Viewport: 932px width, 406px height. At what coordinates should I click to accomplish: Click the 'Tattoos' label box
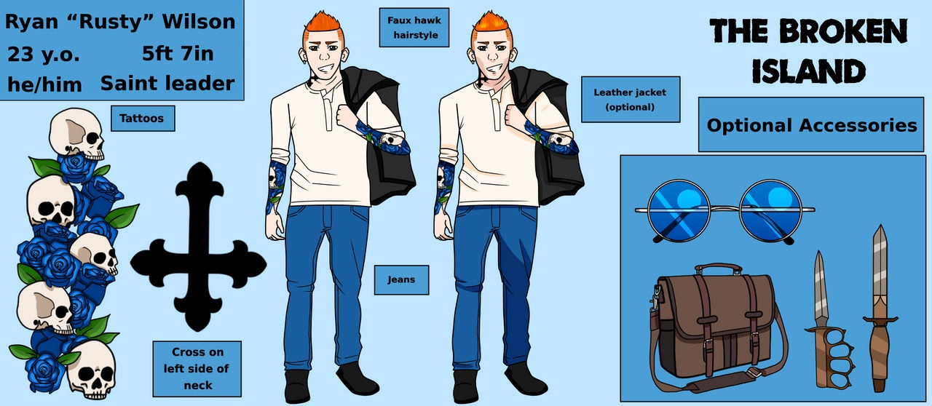pyautogui.click(x=143, y=118)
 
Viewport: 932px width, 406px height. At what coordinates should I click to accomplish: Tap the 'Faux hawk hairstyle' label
pyautogui.click(x=414, y=28)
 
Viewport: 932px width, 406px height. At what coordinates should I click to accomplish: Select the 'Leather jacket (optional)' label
pyautogui.click(x=631, y=100)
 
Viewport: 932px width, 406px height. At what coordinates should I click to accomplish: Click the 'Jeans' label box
pyautogui.click(x=401, y=280)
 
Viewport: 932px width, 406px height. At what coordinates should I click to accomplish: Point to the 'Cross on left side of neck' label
pyautogui.click(x=197, y=369)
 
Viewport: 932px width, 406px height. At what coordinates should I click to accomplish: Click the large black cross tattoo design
pyautogui.click(x=199, y=247)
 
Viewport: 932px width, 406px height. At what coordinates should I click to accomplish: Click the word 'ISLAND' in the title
pyautogui.click(x=808, y=71)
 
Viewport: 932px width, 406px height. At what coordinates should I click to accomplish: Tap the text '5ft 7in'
pyautogui.click(x=178, y=54)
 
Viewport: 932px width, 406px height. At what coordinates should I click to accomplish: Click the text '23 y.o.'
pyautogui.click(x=43, y=55)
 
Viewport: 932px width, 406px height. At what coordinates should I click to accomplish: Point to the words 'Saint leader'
pyautogui.click(x=167, y=84)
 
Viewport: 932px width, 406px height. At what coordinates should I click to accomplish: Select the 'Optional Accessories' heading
pyautogui.click(x=811, y=125)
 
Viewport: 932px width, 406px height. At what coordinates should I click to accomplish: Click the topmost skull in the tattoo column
pyautogui.click(x=77, y=134)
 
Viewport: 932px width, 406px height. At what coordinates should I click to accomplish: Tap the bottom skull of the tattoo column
pyautogui.click(x=92, y=370)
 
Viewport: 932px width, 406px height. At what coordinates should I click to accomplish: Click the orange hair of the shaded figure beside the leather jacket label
pyautogui.click(x=491, y=25)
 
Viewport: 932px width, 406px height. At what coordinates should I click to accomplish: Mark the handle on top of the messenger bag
pyautogui.click(x=718, y=268)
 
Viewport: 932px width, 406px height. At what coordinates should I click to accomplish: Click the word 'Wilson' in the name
pyautogui.click(x=199, y=22)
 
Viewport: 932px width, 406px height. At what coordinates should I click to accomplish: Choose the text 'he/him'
pyautogui.click(x=44, y=85)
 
